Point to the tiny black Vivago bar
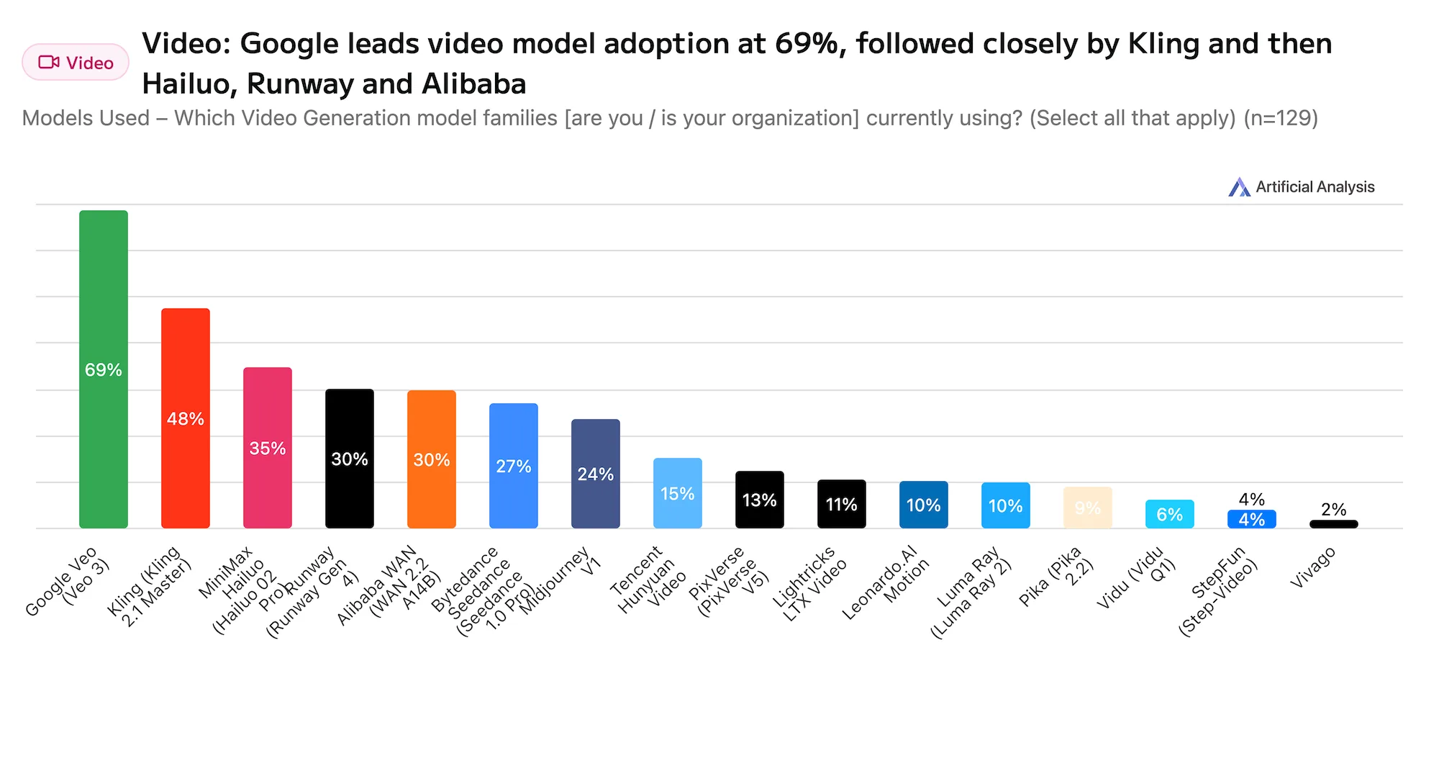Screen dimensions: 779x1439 click(x=1333, y=524)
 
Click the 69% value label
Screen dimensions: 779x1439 click(x=103, y=370)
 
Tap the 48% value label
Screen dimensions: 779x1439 click(x=185, y=419)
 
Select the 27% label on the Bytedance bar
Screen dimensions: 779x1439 click(x=513, y=467)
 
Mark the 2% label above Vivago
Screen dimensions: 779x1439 click(x=1333, y=510)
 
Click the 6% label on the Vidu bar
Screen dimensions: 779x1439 click(x=1169, y=515)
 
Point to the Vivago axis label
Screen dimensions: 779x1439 click(x=1313, y=567)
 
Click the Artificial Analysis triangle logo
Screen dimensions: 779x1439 click(x=1238, y=187)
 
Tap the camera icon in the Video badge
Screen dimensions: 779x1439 click(x=49, y=63)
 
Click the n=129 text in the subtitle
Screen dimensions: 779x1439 click(x=1281, y=118)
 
